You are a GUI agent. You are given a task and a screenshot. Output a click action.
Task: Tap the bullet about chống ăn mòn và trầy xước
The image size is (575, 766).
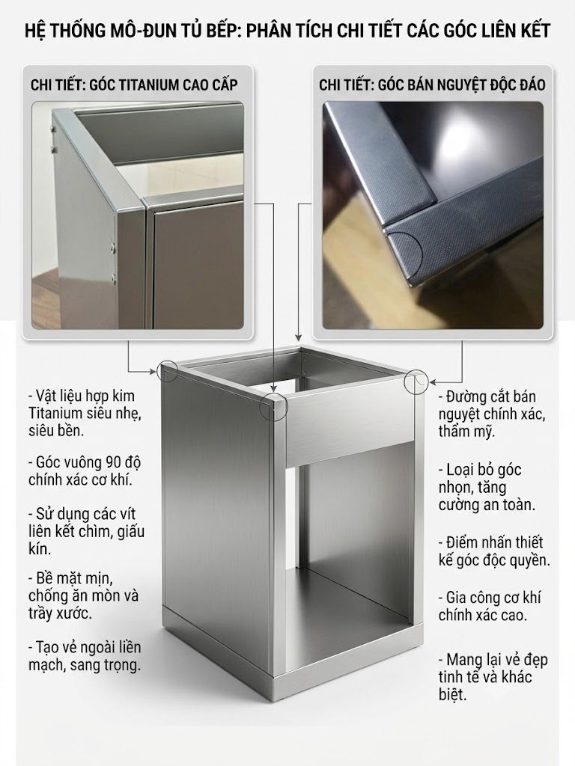pyautogui.click(x=84, y=596)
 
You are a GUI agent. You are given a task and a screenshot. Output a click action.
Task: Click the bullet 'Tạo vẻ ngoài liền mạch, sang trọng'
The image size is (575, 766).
pyautogui.click(x=85, y=656)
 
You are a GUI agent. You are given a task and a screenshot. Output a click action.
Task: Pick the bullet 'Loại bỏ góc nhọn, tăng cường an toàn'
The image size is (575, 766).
pyautogui.click(x=487, y=487)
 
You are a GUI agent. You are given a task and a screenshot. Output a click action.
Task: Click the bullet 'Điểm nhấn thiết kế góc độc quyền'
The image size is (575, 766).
pyautogui.click(x=494, y=551)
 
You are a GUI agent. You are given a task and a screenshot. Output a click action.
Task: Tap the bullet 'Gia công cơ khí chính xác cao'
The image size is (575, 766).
pyautogui.click(x=489, y=606)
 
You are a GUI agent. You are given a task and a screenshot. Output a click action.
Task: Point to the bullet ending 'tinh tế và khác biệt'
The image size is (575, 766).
pyautogui.click(x=493, y=676)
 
